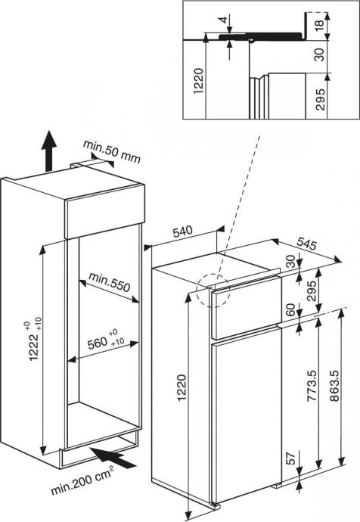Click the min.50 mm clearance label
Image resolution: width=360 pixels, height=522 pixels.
point(112,151)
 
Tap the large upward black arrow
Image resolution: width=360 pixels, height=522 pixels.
point(49,151)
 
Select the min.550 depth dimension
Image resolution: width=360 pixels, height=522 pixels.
point(109,281)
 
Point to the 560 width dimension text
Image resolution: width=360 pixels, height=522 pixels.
point(97,343)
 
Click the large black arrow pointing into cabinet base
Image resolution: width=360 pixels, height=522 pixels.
point(113,458)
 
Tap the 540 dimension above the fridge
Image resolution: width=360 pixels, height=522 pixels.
point(183,231)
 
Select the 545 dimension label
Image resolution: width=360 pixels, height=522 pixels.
point(306,244)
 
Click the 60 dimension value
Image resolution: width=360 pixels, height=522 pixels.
point(290,310)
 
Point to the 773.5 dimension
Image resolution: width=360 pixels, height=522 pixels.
point(311,385)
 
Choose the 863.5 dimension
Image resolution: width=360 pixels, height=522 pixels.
point(334,386)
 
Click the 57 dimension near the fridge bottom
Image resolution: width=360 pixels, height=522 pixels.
point(290,458)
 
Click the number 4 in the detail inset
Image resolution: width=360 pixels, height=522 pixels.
point(225,20)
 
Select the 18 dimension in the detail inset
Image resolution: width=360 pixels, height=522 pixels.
point(318,23)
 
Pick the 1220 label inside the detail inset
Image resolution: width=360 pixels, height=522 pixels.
point(199,81)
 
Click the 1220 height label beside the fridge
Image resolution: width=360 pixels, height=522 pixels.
point(182,388)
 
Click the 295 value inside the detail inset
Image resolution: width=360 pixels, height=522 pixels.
point(320,99)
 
